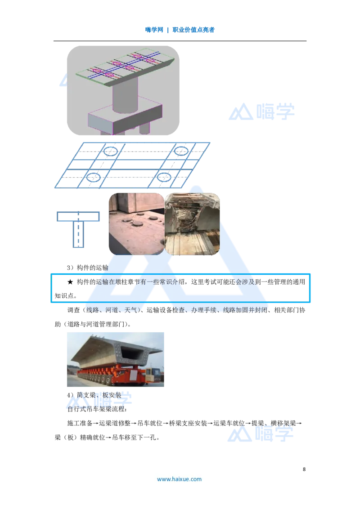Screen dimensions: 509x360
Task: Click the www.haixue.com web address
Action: click(179, 479)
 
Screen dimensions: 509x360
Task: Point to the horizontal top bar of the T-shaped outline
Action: click(78, 217)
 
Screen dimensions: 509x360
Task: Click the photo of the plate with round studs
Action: click(136, 223)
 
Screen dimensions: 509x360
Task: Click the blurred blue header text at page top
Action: click(180, 31)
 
